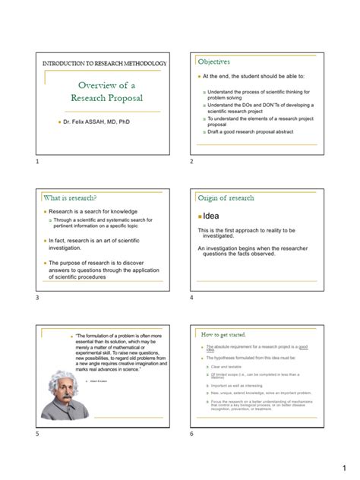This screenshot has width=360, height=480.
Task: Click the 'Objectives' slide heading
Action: [215, 62]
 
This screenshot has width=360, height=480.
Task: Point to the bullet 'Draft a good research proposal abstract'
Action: [253, 133]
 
